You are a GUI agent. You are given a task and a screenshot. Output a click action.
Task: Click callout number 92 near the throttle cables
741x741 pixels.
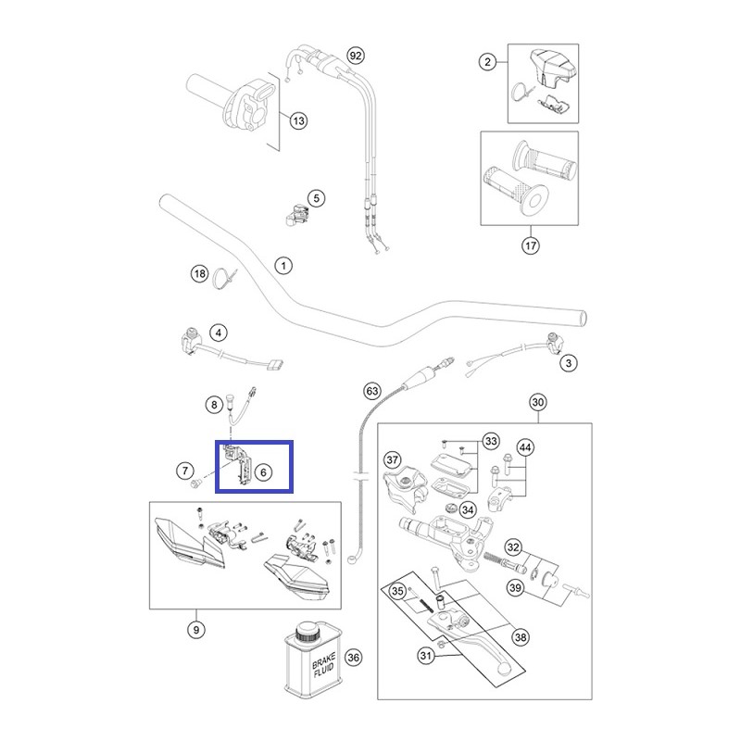click(x=356, y=56)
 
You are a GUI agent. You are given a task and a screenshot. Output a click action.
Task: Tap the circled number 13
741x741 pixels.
click(x=298, y=120)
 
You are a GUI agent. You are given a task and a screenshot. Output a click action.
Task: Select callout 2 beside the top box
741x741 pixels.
click(x=488, y=61)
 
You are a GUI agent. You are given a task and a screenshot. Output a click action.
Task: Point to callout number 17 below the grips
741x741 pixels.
click(x=531, y=245)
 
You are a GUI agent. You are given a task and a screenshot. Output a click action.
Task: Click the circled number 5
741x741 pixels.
click(x=317, y=198)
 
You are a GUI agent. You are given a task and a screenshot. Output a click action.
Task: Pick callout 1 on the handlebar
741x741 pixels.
click(x=283, y=266)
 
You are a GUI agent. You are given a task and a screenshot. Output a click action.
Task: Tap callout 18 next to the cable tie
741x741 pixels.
click(x=200, y=273)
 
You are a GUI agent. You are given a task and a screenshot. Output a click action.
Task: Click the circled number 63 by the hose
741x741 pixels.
click(x=372, y=391)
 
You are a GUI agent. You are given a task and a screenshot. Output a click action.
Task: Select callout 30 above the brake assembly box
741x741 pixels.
click(x=538, y=402)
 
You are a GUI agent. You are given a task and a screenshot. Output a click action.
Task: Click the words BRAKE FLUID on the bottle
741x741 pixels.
click(x=323, y=664)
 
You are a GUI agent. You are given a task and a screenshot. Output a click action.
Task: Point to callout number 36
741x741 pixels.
click(x=353, y=658)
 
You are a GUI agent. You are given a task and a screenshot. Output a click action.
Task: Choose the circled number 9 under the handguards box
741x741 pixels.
click(x=196, y=630)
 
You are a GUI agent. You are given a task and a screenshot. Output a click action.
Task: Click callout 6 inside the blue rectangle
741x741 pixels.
click(x=263, y=471)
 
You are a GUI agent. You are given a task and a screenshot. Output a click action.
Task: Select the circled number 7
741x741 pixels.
click(x=185, y=471)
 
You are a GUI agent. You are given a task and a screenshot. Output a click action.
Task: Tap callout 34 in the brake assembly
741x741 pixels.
click(x=468, y=510)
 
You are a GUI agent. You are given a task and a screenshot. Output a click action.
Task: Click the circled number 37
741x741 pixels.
click(x=392, y=459)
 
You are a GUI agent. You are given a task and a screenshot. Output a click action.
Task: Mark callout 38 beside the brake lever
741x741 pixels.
click(x=521, y=637)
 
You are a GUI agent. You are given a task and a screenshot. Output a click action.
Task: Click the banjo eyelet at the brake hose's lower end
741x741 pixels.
click(x=353, y=560)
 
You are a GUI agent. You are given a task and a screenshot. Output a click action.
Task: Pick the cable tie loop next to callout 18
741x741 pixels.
click(x=221, y=279)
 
